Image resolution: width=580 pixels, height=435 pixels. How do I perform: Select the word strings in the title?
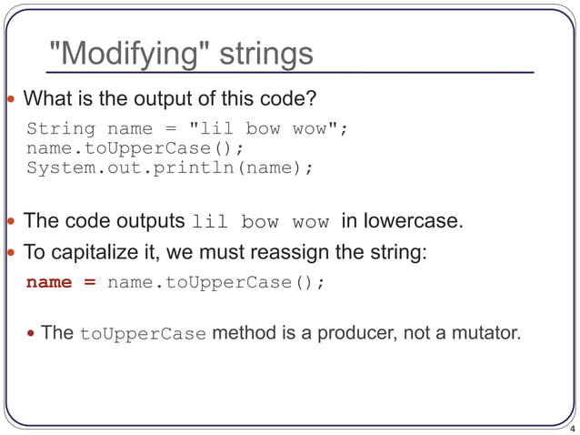pos(267,54)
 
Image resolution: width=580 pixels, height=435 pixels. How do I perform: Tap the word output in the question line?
pos(145,97)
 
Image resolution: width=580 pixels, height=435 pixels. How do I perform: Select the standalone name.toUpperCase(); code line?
pos(135,148)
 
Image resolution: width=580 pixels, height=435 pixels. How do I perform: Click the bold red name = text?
pos(61,282)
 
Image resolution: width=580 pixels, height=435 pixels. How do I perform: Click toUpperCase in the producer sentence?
pos(144,334)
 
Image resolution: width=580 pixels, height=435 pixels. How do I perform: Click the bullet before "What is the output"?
pos(11,97)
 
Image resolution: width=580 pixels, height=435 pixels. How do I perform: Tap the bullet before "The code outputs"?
pos(11,221)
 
